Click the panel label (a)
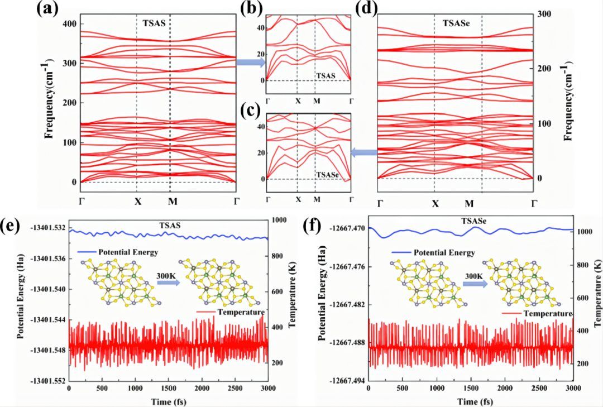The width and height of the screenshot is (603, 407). coord(50,9)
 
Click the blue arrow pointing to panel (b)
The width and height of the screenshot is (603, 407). coord(250,63)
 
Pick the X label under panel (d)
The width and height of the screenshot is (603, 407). coord(435,204)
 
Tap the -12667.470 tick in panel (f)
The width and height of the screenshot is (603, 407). coord(347,228)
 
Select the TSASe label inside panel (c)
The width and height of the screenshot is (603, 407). coord(327,175)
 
